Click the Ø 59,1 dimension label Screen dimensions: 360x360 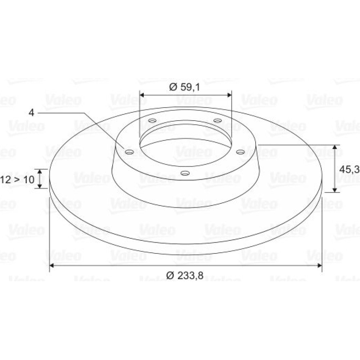185,87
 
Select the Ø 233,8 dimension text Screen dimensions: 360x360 185,275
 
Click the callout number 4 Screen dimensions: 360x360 31,113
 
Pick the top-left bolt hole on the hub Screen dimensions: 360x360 152,120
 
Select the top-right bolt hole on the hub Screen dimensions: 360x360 217,120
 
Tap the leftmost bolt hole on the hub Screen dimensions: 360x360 129,152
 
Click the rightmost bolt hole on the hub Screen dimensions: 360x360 240,152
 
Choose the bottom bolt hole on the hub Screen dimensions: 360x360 185,173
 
